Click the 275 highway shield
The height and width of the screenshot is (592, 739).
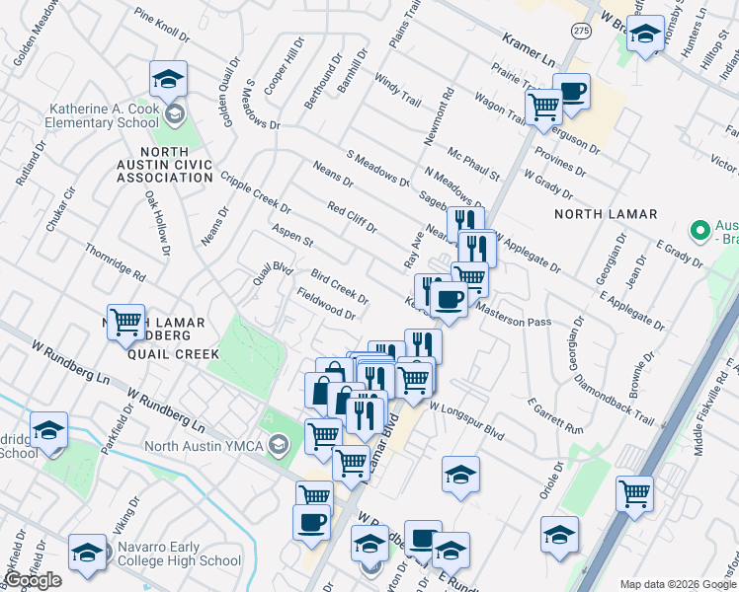[x=582, y=32]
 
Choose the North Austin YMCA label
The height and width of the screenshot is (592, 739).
[x=205, y=446]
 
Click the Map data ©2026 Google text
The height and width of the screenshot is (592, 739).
[x=677, y=584]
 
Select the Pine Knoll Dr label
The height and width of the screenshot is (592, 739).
[x=161, y=27]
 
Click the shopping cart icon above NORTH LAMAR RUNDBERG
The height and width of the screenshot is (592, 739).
[x=125, y=322]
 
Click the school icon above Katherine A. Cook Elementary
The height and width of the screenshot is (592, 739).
[x=168, y=78]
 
